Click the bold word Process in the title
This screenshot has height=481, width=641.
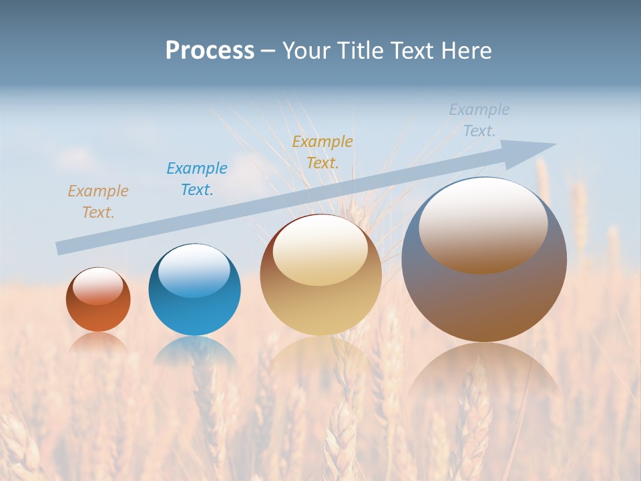[210, 51]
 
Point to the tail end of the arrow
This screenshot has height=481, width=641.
[59, 249]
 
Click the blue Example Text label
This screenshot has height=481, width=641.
[197, 179]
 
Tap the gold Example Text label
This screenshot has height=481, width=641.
[323, 152]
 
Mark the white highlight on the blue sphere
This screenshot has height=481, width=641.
[194, 270]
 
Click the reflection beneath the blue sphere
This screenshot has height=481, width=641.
[194, 351]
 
